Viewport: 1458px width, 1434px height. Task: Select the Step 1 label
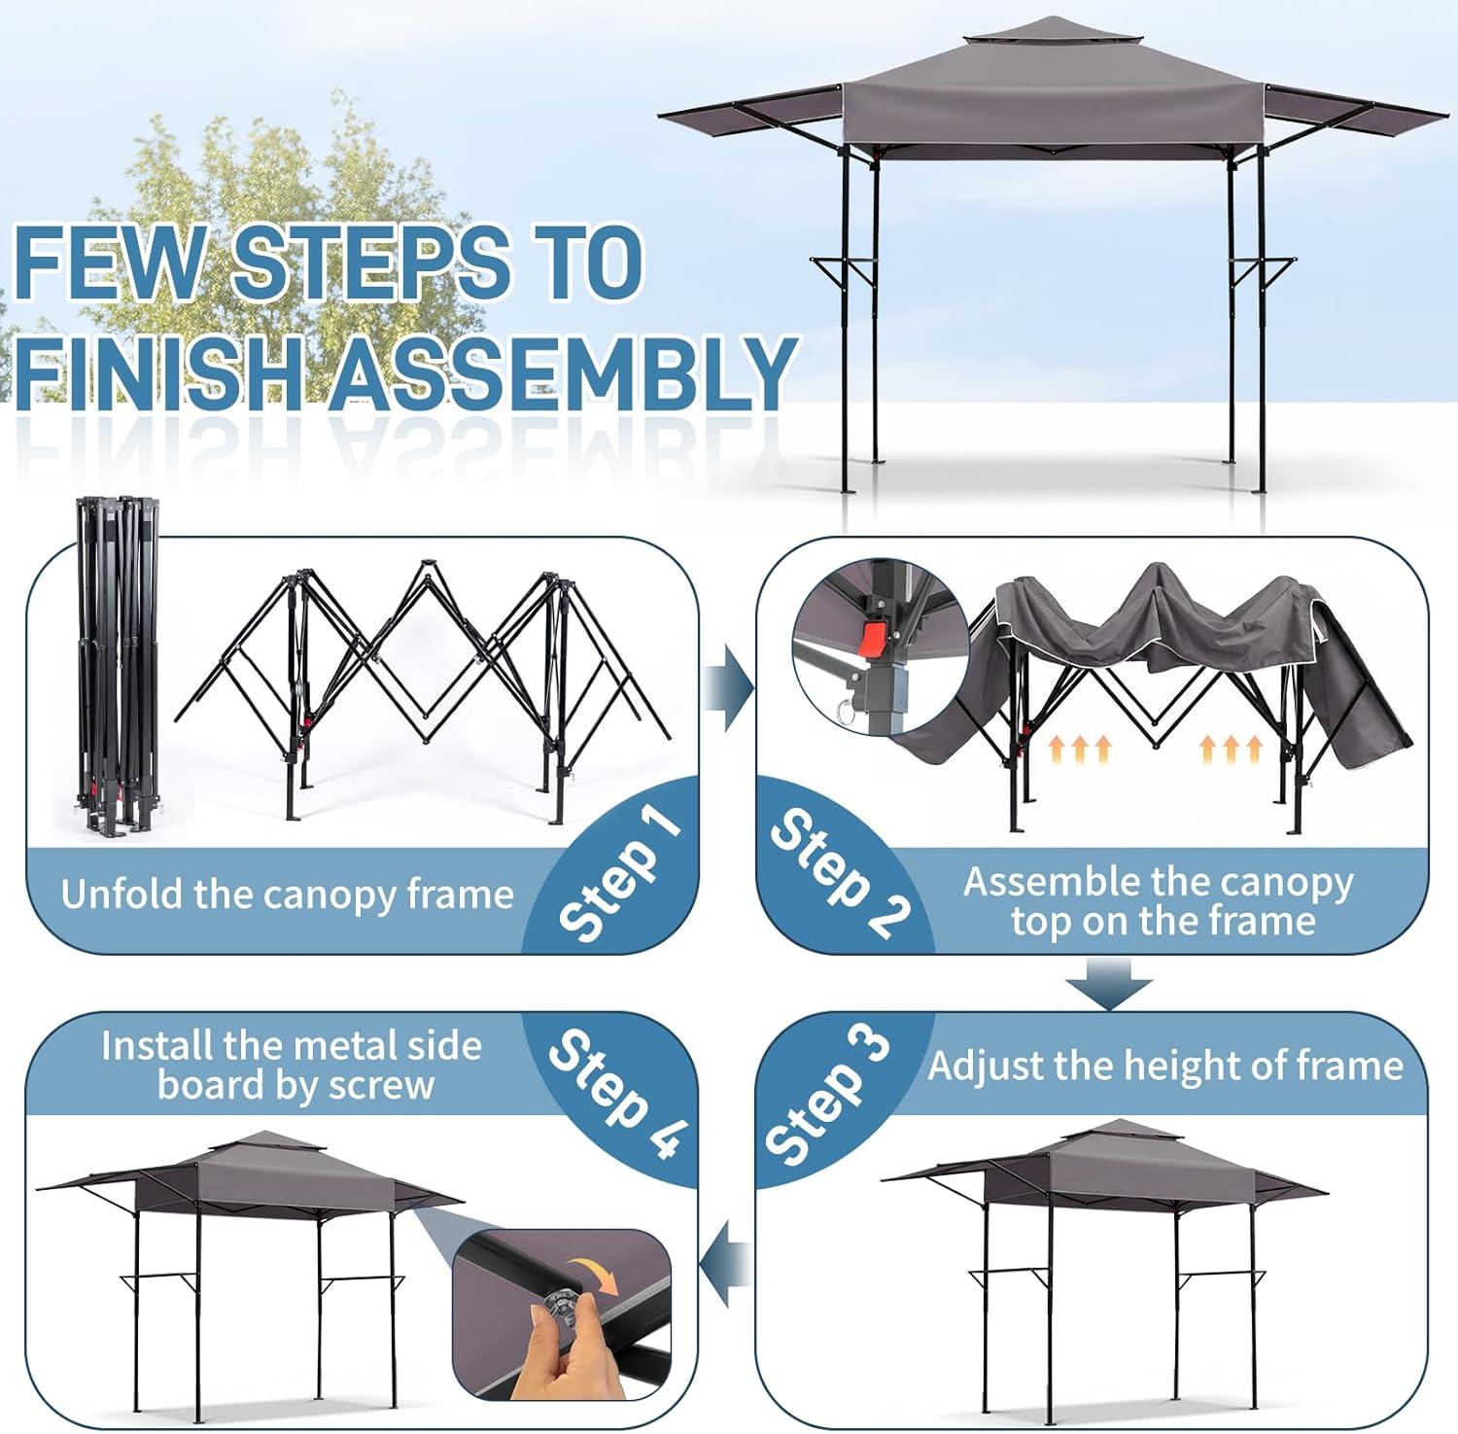[x=619, y=874]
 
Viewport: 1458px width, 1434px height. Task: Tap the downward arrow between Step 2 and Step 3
[x=1108, y=985]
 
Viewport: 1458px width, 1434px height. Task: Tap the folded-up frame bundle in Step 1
[x=115, y=665]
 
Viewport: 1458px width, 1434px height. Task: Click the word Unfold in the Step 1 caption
[x=122, y=892]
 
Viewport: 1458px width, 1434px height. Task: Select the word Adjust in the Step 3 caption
[x=986, y=1067]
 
